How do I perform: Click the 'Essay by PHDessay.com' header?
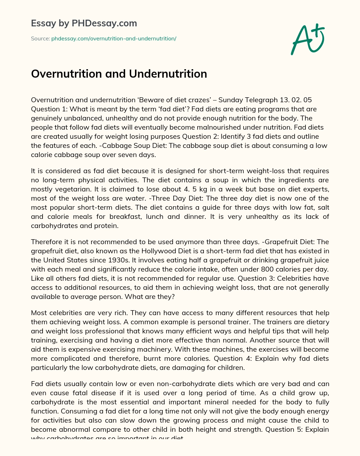(84, 24)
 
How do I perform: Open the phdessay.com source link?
(114, 39)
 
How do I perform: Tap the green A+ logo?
(307, 39)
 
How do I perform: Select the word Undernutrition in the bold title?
(168, 74)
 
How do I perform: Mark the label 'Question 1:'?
(49, 109)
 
